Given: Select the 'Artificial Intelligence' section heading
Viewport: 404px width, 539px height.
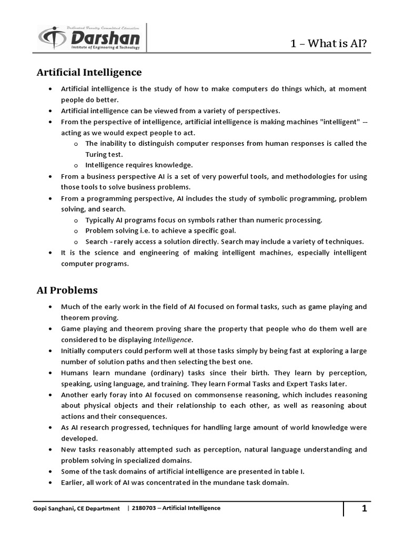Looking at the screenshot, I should pyautogui.click(x=89, y=72).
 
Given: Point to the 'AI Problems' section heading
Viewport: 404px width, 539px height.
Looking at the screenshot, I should pyautogui.click(x=67, y=290).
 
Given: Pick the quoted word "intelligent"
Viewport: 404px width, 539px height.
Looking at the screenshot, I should pyautogui.click(x=336, y=122).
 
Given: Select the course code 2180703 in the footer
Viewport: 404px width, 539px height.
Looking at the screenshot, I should pyautogui.click(x=144, y=508).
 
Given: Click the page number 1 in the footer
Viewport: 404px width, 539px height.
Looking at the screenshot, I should pyautogui.click(x=363, y=508).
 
